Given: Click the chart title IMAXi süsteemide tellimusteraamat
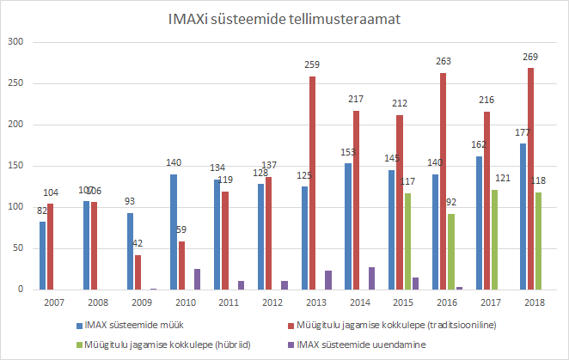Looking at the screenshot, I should click(x=284, y=19).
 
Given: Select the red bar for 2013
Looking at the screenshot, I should click(x=312, y=183).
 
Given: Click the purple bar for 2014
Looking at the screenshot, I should click(x=372, y=278).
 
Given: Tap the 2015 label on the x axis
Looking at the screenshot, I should click(x=403, y=303).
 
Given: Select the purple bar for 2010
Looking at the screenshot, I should click(x=197, y=279).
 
